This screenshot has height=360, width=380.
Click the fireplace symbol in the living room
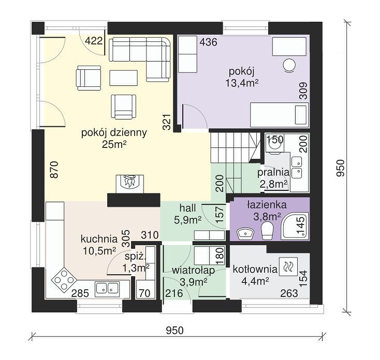[x=130, y=184]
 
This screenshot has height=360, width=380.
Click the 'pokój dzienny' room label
[x=114, y=133]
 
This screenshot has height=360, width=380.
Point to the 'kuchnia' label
[x=99, y=239]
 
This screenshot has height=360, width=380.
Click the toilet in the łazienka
[x=267, y=231]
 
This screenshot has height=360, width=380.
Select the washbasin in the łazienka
[x=245, y=234]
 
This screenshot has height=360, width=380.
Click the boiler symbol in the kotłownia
[x=288, y=266]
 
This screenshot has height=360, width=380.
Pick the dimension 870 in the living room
[x=55, y=170]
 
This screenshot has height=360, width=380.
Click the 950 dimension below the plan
[x=175, y=331]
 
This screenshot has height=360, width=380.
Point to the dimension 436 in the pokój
[x=209, y=42]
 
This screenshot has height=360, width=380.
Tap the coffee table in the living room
[x=124, y=78]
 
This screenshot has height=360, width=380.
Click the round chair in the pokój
[x=289, y=65]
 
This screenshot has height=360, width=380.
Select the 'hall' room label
[x=188, y=208]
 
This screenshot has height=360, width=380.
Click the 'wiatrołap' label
[x=194, y=271]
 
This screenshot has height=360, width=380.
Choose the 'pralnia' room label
[x=273, y=172]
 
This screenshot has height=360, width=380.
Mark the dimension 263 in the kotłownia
[x=289, y=293]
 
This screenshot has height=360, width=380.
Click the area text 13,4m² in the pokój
[x=242, y=83]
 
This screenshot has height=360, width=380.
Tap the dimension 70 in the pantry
[x=144, y=293]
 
